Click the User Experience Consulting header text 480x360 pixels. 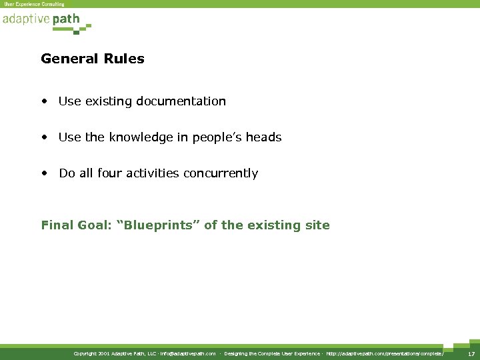click(35, 4)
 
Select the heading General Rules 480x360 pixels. click(92, 59)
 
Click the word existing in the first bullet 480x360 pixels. click(107, 101)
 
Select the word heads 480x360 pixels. click(263, 137)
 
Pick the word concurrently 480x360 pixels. click(223, 173)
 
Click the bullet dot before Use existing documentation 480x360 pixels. click(44, 102)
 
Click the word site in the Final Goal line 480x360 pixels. click(317, 225)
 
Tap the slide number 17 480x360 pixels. click(471, 354)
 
